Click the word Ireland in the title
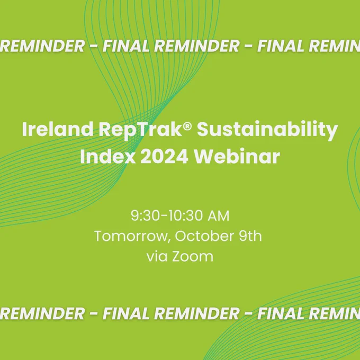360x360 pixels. point(58,129)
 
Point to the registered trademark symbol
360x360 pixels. point(187,126)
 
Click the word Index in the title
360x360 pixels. point(107,157)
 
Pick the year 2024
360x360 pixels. point(164,157)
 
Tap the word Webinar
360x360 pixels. point(237,156)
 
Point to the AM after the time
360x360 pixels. point(218,216)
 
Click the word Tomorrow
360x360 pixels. point(131,237)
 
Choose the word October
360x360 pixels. point(204,236)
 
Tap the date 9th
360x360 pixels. point(250,236)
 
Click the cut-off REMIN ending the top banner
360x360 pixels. point(334,46)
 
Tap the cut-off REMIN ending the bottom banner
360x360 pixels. point(334,313)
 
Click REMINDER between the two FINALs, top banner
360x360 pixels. point(197,46)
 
